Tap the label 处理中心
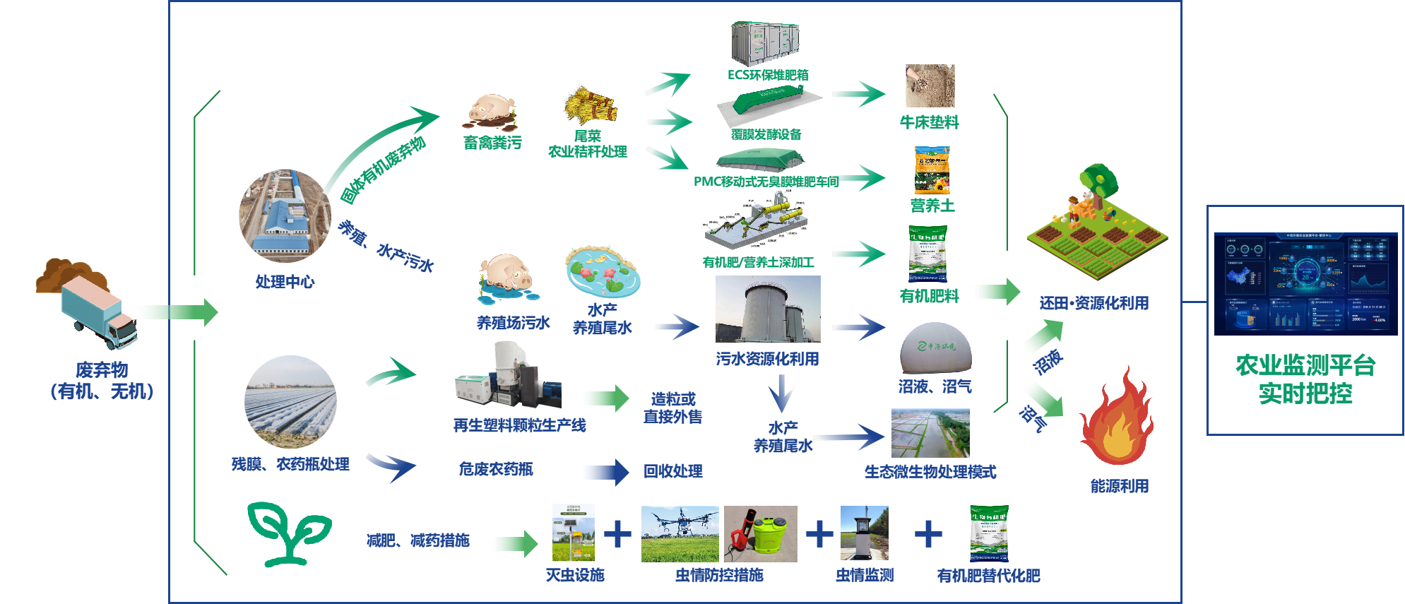pos(285,282)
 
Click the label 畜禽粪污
pos(492,143)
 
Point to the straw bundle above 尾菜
pos(591,106)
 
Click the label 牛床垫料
pos(929,122)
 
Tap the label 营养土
pos(932,206)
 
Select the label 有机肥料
pos(929,296)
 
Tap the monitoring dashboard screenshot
pos(1305,283)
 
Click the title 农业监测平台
pos(1305,365)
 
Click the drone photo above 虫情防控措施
pos(680,534)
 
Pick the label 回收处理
pos(672,471)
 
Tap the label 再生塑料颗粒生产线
pos(519,425)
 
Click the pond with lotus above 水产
pos(603,272)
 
